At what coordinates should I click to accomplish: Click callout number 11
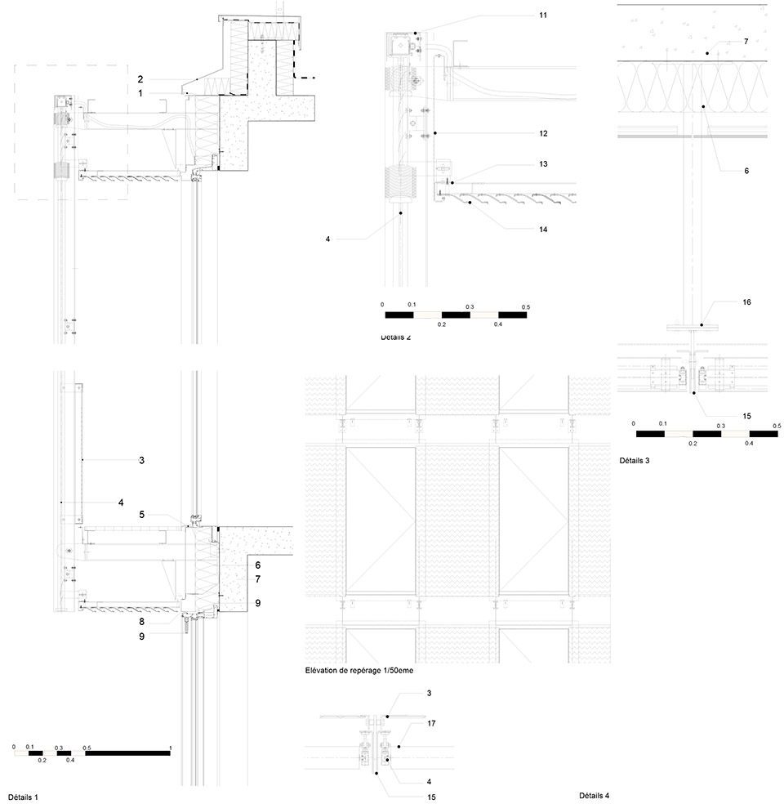point(543,16)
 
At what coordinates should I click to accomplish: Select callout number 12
point(543,133)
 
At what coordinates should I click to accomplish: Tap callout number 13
point(543,164)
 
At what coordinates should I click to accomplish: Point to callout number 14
point(543,230)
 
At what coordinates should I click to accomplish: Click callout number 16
point(746,302)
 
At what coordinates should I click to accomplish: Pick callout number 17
point(431,723)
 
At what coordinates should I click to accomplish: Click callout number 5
point(142,514)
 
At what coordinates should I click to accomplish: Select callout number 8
point(142,622)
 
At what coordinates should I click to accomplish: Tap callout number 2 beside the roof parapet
point(140,79)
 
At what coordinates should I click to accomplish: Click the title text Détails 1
point(23,797)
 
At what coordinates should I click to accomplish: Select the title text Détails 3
point(635,461)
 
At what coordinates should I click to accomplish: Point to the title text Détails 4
point(595,795)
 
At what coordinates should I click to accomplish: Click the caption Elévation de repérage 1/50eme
point(359,670)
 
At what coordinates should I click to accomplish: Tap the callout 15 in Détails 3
point(746,416)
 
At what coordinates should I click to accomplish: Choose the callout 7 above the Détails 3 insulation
point(746,41)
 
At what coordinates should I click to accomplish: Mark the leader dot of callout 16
point(702,325)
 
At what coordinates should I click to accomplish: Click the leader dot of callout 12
point(435,133)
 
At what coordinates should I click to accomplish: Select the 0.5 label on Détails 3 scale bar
point(777,426)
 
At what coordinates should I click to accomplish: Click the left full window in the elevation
point(381,521)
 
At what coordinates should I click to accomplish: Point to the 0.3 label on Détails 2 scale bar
point(470,306)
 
